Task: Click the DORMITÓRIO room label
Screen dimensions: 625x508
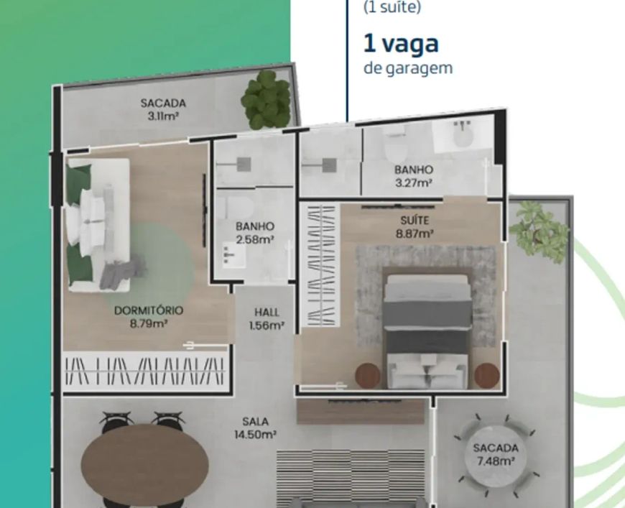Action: pos(149,310)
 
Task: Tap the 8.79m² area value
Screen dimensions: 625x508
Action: pos(149,323)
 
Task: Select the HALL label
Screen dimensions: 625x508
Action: pos(267,313)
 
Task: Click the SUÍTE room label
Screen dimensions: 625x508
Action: pos(415,221)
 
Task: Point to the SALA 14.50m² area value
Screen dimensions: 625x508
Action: pos(256,434)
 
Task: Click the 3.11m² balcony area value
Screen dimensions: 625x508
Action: pos(163,116)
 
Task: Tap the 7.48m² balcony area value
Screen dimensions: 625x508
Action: pos(496,461)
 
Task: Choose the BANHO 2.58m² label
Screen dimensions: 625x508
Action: pos(255,233)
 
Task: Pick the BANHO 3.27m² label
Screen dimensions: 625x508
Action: pos(414,176)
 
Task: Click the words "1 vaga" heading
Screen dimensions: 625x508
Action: pos(401,43)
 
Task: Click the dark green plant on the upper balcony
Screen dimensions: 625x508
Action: pos(267,99)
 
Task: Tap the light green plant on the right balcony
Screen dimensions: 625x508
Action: pos(539,231)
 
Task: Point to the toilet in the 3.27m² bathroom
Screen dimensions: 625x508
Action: pos(397,147)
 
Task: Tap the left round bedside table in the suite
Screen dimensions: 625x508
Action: pos(368,375)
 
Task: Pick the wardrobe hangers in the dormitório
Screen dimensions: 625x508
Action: pos(144,371)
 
